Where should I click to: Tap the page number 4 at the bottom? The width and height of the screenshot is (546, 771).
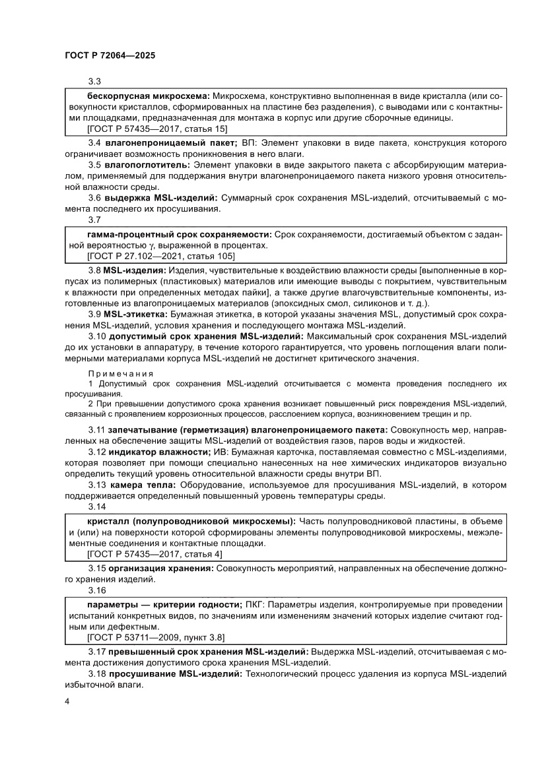coord(68,700)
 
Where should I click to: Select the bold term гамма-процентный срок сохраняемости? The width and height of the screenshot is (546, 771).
coord(179,234)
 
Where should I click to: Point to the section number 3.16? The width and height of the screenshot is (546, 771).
coord(96,591)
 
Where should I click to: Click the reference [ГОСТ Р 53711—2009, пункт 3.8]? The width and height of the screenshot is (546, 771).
coord(156,637)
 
